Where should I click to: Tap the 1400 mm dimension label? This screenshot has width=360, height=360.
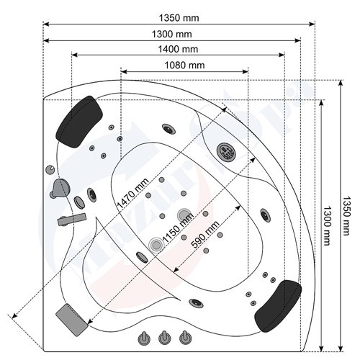pyautogui.click(x=180, y=49)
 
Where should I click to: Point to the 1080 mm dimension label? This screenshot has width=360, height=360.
pyautogui.click(x=183, y=66)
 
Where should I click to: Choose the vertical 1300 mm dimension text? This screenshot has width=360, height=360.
pyautogui.click(x=326, y=223)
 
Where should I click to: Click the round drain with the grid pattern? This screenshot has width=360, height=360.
pyautogui.click(x=226, y=151)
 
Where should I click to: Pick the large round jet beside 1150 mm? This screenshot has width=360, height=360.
pyautogui.click(x=156, y=245)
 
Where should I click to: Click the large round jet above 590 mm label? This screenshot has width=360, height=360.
pyautogui.click(x=184, y=215)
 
